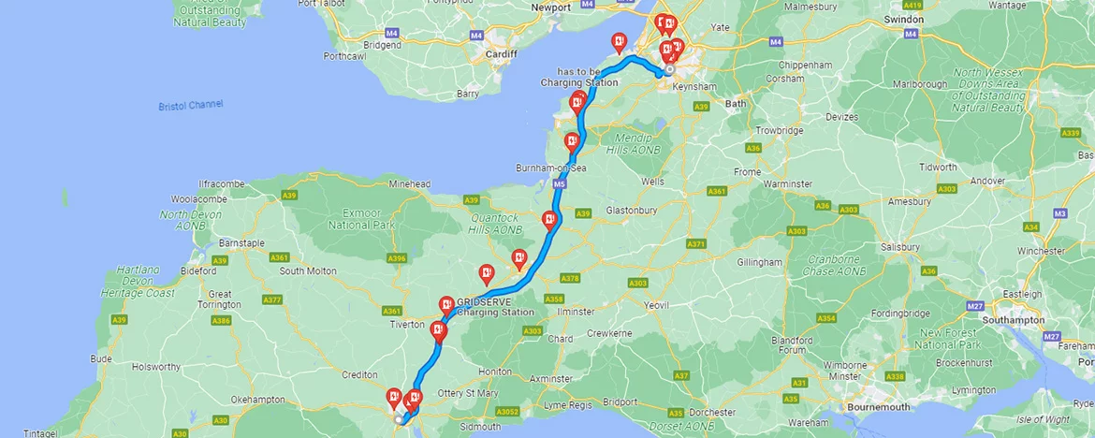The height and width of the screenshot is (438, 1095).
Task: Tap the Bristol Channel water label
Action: pos(191,105)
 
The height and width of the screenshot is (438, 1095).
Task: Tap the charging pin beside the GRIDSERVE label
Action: pos(447,305)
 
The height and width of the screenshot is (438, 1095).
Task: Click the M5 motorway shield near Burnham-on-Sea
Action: pos(560,186)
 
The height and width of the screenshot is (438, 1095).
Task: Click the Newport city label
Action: pos(550,7)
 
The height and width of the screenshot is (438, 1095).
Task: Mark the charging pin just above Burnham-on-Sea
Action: pos(572,142)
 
